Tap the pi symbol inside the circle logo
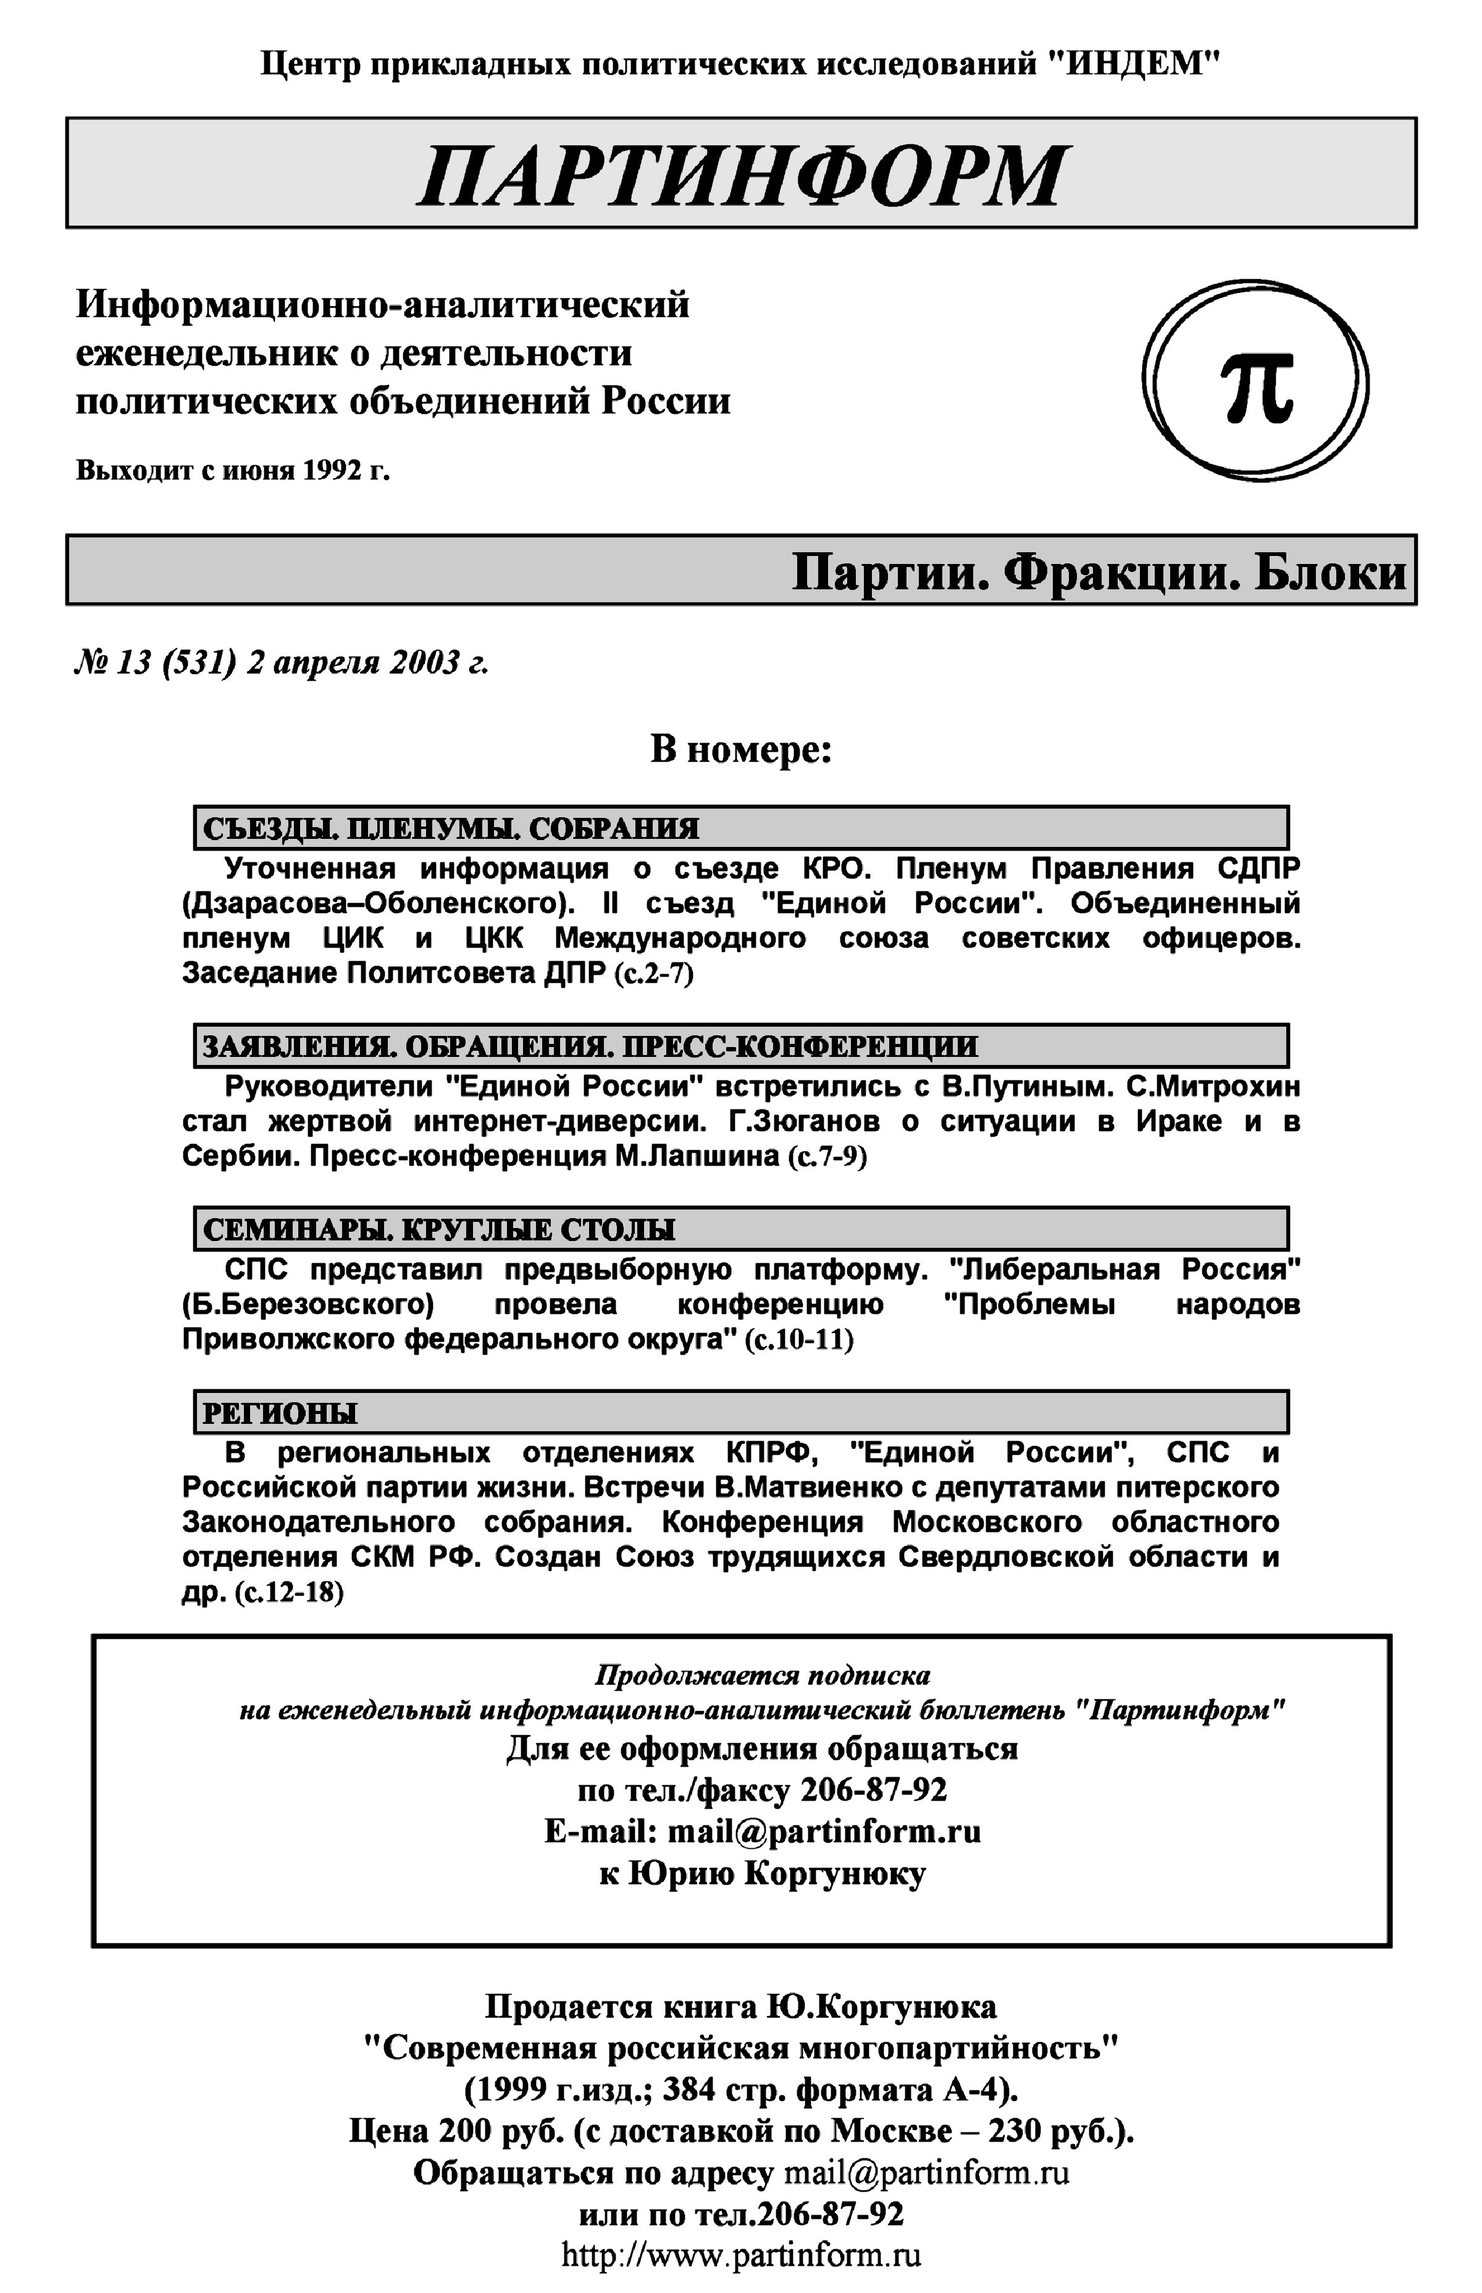(x=1256, y=385)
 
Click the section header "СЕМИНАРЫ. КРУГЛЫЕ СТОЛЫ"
(x=439, y=1229)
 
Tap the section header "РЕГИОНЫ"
(x=279, y=1412)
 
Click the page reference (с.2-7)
(x=653, y=973)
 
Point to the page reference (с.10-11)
(x=800, y=1339)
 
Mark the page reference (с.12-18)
(x=289, y=1591)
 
